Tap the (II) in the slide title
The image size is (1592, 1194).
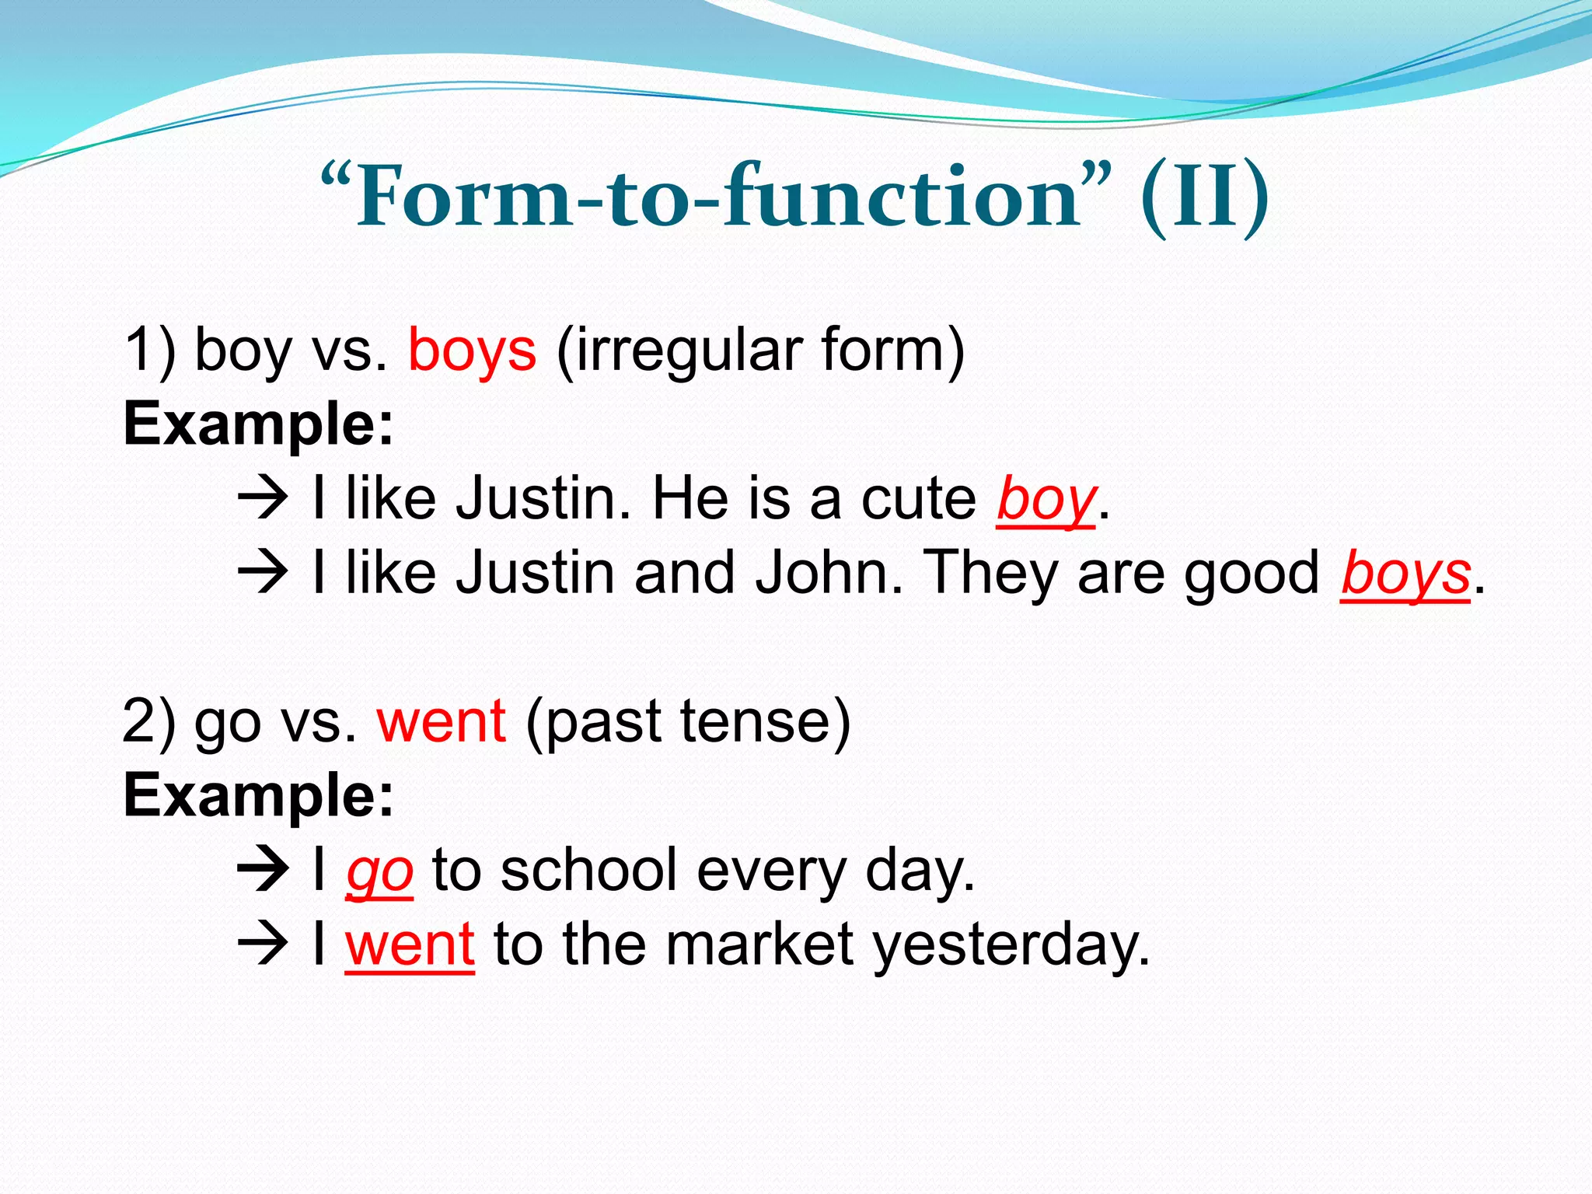(1205, 198)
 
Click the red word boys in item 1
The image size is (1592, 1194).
(472, 350)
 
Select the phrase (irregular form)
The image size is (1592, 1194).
(760, 350)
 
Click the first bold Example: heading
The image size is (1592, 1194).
(259, 424)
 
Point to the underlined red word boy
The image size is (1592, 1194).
(1046, 499)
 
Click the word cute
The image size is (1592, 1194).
(918, 499)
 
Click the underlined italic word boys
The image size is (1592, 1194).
(1405, 574)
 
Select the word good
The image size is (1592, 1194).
(1252, 574)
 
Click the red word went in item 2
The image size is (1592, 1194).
(442, 721)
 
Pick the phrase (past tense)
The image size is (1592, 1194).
(688, 721)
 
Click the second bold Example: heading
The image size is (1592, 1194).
(259, 796)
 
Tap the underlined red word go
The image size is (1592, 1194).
(379, 871)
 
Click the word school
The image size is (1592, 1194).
(589, 871)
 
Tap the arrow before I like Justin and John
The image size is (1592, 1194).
(263, 574)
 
